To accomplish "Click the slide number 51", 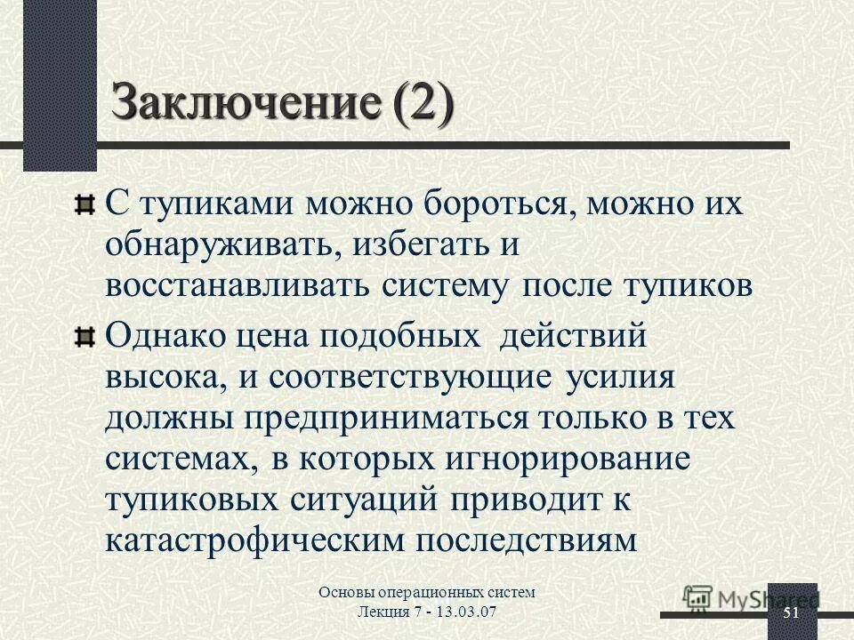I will pyautogui.click(x=791, y=613).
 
